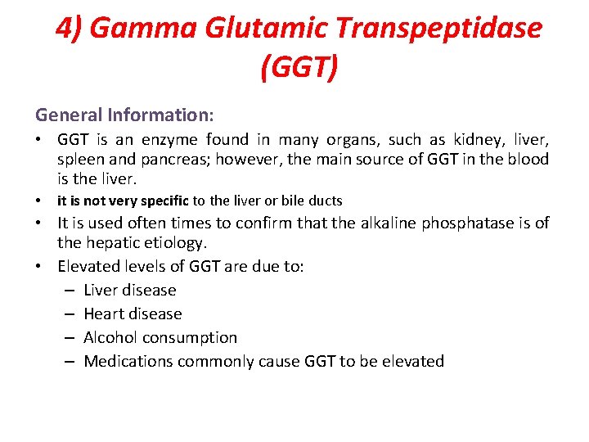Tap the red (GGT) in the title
(299, 66)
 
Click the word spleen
(83, 160)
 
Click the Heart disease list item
(133, 313)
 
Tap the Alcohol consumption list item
(160, 337)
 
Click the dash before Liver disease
(69, 290)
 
